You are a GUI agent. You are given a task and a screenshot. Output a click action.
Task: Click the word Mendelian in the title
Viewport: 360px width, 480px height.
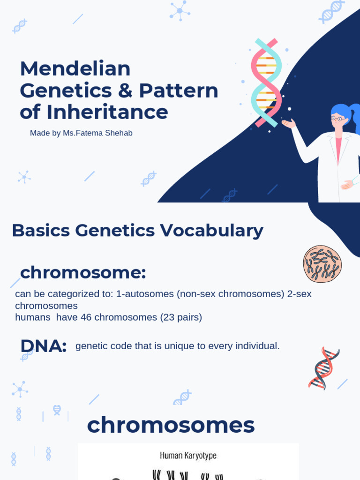point(75,69)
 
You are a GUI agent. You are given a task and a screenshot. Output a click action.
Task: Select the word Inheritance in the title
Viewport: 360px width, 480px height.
point(107,112)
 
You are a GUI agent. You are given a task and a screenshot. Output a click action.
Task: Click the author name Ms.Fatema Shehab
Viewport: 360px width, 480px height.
point(97,133)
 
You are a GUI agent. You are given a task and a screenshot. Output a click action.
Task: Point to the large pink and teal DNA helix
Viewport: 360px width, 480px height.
point(266,82)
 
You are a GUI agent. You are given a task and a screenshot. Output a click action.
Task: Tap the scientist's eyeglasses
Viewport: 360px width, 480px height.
point(338,119)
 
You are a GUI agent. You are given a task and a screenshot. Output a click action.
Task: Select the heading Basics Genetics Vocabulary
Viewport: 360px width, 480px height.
point(137,230)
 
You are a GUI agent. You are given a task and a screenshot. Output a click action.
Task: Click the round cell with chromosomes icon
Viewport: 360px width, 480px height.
point(322,264)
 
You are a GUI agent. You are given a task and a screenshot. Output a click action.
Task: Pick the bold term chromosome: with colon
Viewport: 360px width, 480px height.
point(83,272)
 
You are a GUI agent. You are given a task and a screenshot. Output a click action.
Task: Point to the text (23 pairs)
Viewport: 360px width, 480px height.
point(181,317)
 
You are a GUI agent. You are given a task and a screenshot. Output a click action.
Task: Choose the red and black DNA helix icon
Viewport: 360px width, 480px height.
point(323,368)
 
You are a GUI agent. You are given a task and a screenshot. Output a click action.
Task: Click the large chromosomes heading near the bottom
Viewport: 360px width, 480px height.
point(171,425)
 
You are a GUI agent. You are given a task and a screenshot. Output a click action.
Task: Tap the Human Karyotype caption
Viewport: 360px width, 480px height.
point(188,455)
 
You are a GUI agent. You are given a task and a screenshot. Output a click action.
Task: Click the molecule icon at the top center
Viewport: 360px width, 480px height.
point(180,10)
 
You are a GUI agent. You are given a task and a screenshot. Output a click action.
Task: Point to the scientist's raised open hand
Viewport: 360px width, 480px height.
point(288,123)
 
